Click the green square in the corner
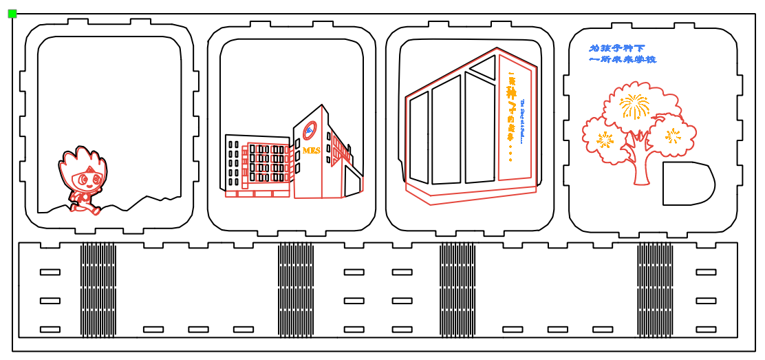coord(12,13)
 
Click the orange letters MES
coord(312,150)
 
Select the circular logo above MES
coord(310,129)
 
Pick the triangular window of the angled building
coord(484,67)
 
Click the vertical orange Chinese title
coord(511,103)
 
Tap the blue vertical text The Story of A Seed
coord(522,121)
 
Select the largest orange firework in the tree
coord(634,106)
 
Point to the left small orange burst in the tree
coord(605,140)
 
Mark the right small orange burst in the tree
coord(673,135)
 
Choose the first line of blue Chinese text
coord(617,48)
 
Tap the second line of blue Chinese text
coord(623,60)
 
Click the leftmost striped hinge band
coord(98,289)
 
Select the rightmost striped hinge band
coord(655,289)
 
